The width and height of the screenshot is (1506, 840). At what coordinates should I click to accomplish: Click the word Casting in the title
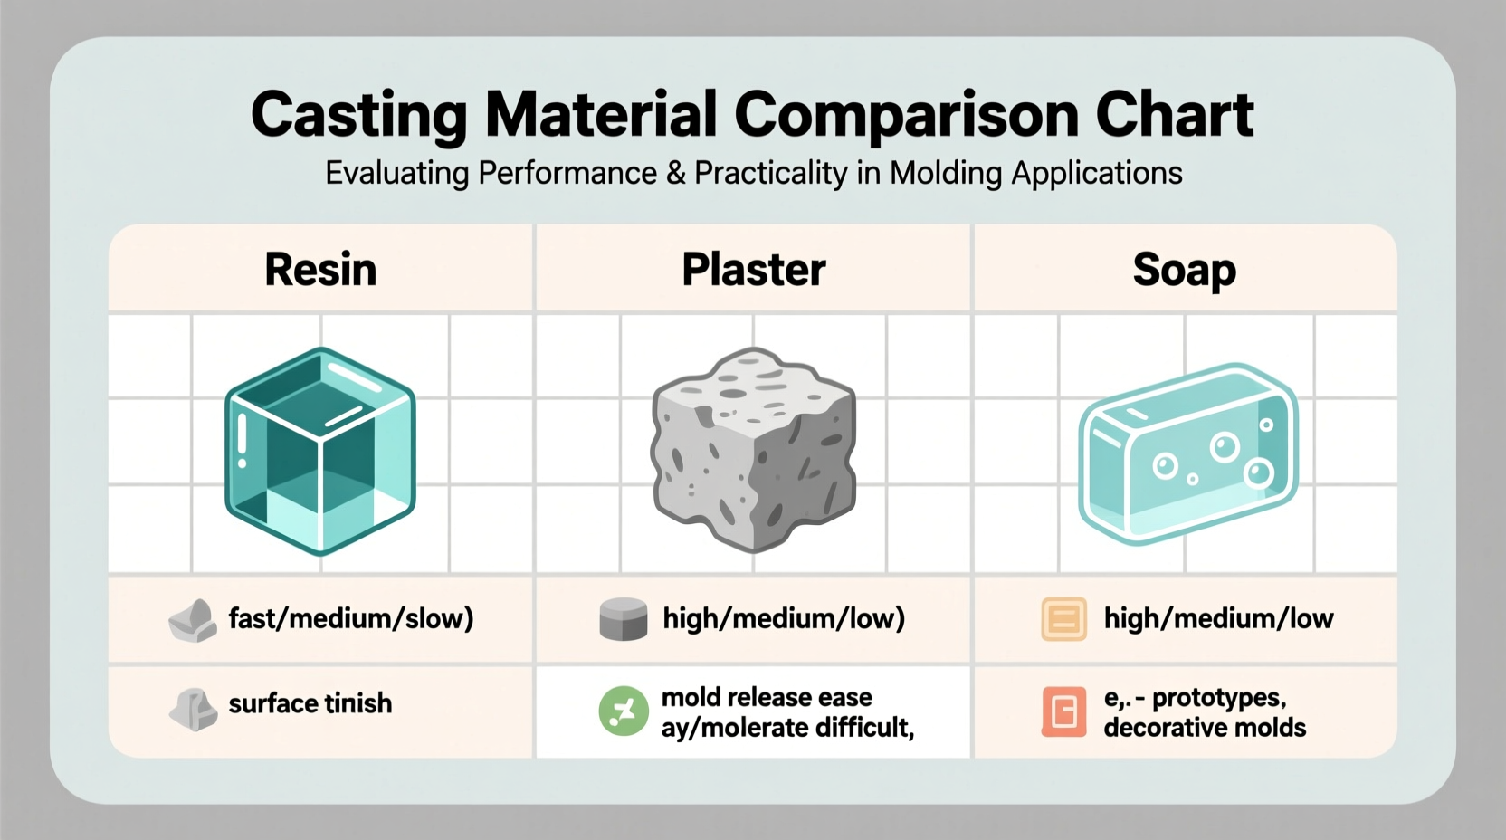(358, 115)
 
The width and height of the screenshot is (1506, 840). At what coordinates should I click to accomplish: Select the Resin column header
(320, 270)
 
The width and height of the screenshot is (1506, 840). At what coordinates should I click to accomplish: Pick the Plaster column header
(753, 270)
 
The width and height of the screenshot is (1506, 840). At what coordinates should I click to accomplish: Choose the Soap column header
(1184, 270)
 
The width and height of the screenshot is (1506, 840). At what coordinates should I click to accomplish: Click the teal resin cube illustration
(320, 450)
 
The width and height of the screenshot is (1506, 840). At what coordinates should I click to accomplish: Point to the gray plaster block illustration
(754, 449)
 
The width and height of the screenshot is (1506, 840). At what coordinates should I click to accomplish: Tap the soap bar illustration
(1188, 453)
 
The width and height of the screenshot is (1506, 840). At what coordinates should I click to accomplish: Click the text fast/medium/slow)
(351, 619)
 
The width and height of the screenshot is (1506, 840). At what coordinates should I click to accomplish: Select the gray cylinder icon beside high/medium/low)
(624, 620)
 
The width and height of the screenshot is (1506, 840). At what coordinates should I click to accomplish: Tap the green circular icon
(624, 711)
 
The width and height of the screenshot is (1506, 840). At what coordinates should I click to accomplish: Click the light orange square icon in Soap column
(1063, 620)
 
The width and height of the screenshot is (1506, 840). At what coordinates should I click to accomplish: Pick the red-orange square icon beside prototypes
(1063, 711)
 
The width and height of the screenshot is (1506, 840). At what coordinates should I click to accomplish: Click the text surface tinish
(310, 703)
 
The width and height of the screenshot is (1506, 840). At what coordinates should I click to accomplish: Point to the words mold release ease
(767, 697)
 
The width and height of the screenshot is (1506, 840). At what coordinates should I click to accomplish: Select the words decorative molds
(1205, 728)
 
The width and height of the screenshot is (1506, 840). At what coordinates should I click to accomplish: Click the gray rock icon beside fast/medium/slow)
(193, 621)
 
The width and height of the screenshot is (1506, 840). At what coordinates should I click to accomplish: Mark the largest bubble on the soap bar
(1225, 446)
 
